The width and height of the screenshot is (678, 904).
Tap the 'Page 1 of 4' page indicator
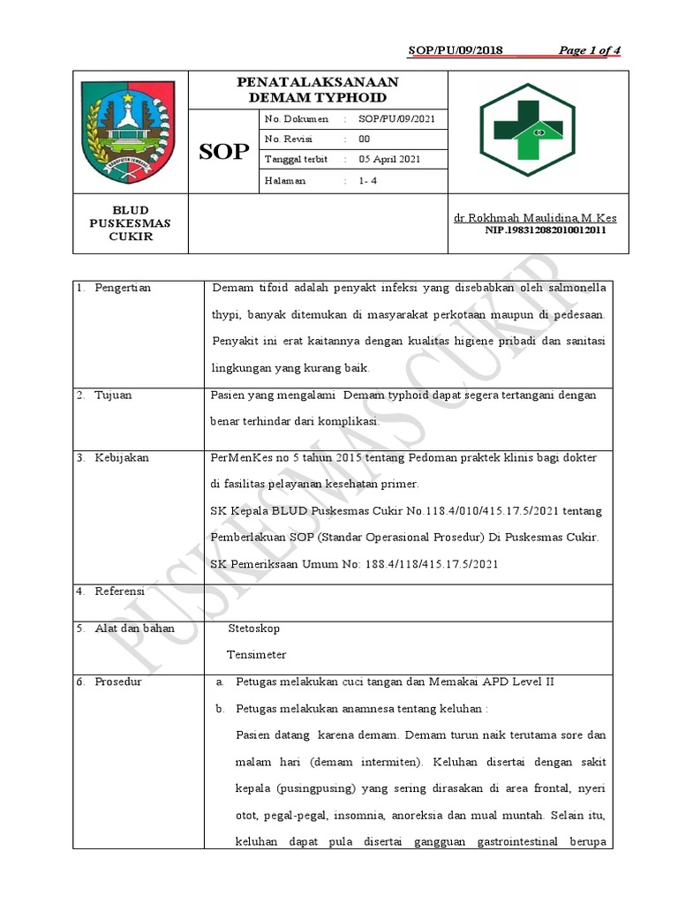click(x=590, y=50)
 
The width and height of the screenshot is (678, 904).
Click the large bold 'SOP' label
click(x=223, y=152)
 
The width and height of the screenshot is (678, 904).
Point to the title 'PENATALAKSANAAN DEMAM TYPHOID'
click(x=318, y=89)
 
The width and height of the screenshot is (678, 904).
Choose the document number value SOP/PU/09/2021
click(x=396, y=119)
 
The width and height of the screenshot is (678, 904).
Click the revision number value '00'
click(x=364, y=139)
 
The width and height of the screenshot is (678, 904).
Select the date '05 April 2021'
click(x=389, y=160)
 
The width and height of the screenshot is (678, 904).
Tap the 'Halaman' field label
click(x=285, y=181)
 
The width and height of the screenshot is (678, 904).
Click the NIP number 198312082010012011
click(x=546, y=230)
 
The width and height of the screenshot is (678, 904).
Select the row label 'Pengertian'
click(x=123, y=289)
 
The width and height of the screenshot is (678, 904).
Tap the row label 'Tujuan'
click(x=113, y=395)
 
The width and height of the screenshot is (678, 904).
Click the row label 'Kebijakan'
click(x=122, y=458)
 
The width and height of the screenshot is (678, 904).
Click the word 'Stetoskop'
click(x=254, y=629)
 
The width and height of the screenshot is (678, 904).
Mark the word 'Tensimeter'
click(x=256, y=655)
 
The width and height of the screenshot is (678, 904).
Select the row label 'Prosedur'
click(x=118, y=682)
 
